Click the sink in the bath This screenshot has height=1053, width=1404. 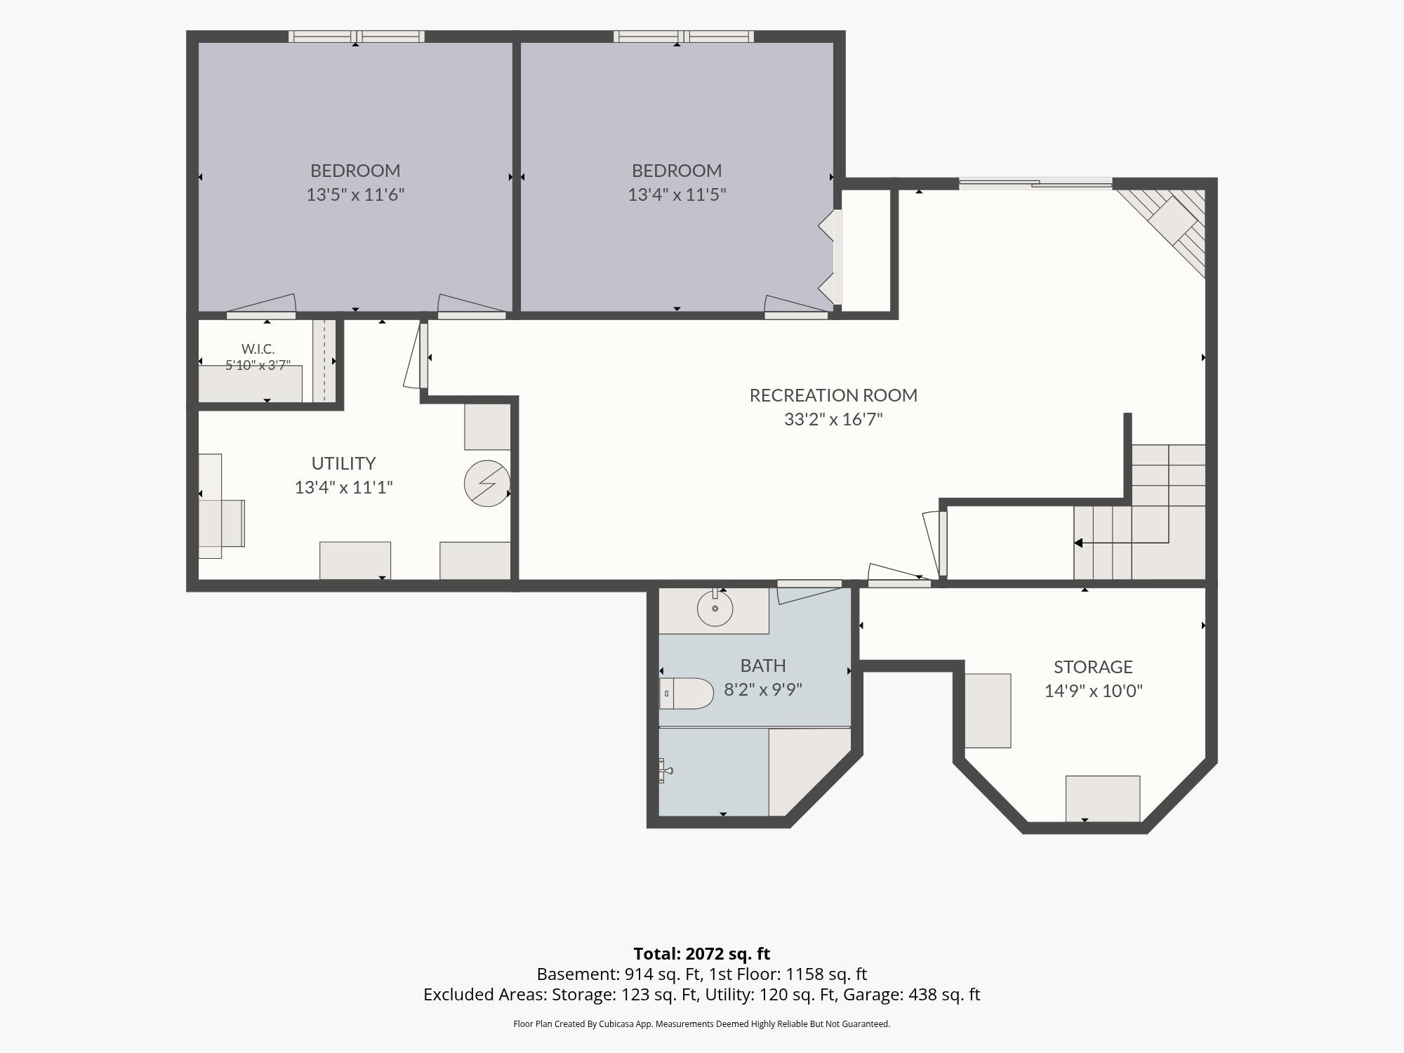click(x=715, y=608)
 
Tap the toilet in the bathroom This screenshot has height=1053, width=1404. click(x=687, y=694)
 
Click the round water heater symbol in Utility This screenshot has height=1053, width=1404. click(x=487, y=483)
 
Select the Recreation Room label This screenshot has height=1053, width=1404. click(x=833, y=395)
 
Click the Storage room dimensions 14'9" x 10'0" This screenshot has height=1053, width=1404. click(x=1093, y=691)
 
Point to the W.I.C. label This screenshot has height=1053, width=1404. click(x=258, y=349)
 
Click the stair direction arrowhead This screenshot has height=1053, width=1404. click(x=1078, y=543)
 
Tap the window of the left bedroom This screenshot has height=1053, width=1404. click(x=356, y=37)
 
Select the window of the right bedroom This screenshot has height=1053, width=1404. click(x=683, y=37)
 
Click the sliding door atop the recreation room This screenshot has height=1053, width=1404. click(x=1035, y=185)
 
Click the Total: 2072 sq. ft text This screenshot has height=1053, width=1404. click(x=701, y=954)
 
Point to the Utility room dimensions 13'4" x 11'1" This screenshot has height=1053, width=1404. click(x=343, y=487)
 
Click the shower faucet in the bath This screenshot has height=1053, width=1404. click(x=665, y=771)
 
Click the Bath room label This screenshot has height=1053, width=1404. click(x=763, y=665)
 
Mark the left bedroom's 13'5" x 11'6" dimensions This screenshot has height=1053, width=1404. click(x=355, y=194)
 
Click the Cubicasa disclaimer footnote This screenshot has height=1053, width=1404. click(x=701, y=1024)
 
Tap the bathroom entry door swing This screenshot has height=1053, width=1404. click(x=809, y=591)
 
